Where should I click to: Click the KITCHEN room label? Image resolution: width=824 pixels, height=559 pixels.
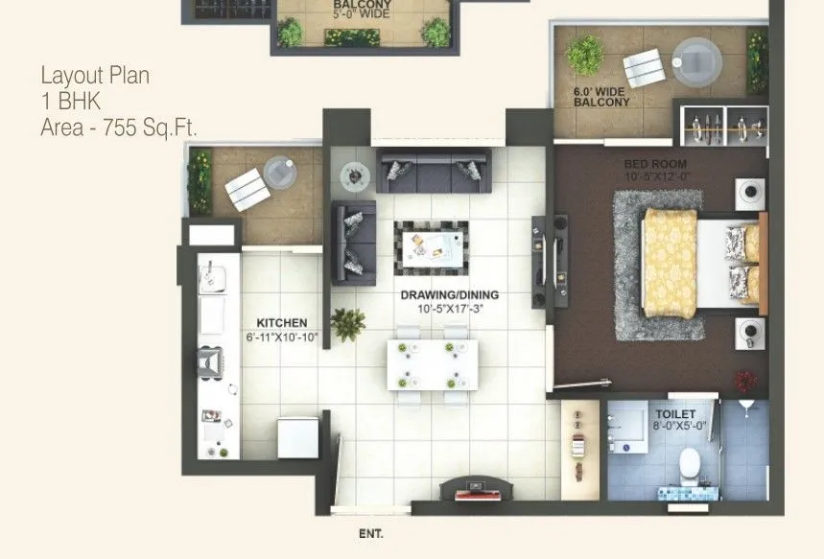pyautogui.click(x=281, y=323)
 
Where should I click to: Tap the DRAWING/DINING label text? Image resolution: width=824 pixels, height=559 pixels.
pyautogui.click(x=450, y=295)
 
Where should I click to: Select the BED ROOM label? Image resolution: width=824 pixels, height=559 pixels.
pyautogui.click(x=655, y=164)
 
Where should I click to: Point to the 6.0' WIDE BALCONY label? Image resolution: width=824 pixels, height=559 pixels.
pyautogui.click(x=601, y=97)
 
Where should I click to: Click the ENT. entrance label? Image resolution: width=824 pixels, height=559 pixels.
pyautogui.click(x=371, y=535)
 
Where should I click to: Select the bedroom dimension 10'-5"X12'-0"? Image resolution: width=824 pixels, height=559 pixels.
pyautogui.click(x=656, y=176)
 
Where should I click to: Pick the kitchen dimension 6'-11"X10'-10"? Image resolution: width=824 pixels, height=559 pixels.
pyautogui.click(x=281, y=338)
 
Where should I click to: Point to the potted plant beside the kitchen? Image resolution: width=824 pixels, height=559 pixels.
pyautogui.click(x=347, y=323)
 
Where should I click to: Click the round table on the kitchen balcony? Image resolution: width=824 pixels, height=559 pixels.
pyautogui.click(x=278, y=170)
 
